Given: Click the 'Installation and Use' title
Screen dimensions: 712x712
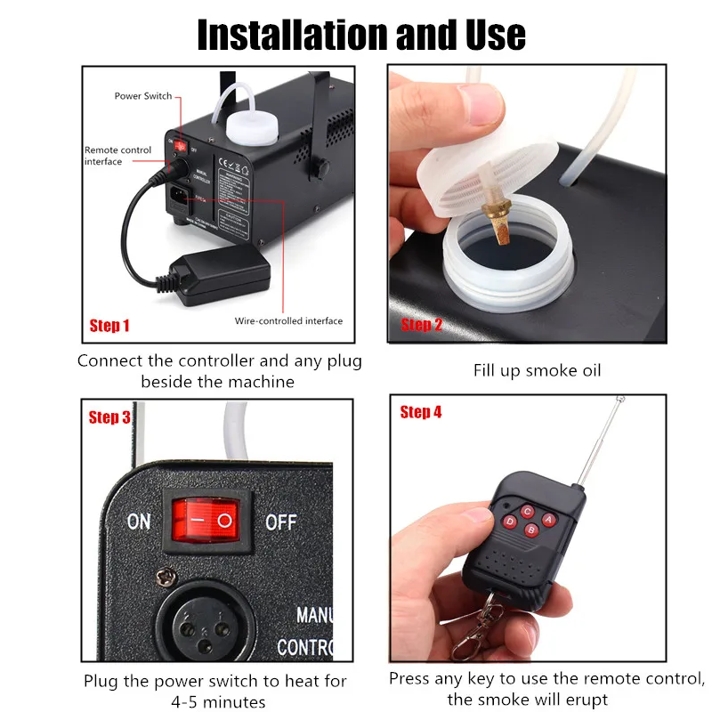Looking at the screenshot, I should [x=360, y=33].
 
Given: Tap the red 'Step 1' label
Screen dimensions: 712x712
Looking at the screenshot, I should [x=109, y=326].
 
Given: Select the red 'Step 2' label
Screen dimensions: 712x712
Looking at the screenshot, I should [x=421, y=325].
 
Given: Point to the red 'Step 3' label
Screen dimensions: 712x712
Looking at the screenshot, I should [x=109, y=417].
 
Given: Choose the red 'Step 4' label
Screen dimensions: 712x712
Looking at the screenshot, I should [x=421, y=412].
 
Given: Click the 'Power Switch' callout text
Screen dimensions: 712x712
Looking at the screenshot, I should [x=143, y=96].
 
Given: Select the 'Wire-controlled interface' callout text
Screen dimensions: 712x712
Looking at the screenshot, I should [x=288, y=320].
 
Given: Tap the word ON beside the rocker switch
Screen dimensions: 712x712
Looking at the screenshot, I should [x=139, y=521].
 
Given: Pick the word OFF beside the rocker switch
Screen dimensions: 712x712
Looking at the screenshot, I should [x=281, y=521].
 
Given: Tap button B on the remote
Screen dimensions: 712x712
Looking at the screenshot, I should [x=530, y=531].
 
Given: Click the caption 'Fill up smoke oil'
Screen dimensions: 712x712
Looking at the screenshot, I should [x=537, y=369].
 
